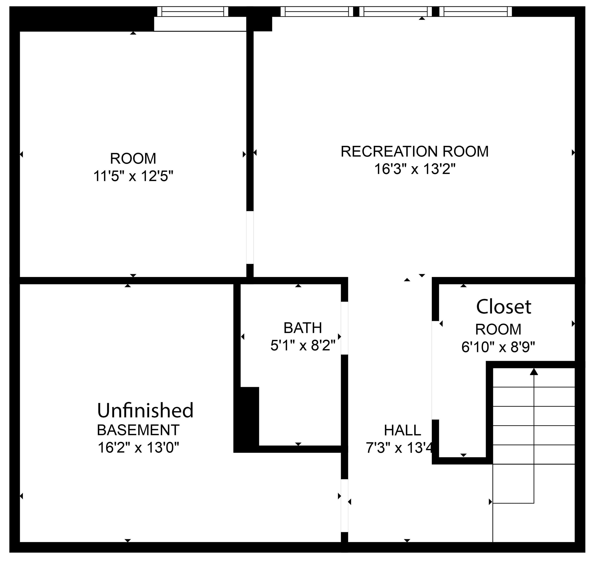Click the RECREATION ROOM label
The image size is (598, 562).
coord(415,151)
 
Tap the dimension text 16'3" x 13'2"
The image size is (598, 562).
coord(415,169)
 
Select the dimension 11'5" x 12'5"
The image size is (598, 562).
coord(133,176)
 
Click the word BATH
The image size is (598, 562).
coord(303,328)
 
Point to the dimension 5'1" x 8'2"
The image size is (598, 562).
coord(303,346)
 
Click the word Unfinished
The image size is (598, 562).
coord(145,411)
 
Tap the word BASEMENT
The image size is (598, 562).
coord(138,430)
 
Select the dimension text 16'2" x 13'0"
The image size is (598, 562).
coord(138,448)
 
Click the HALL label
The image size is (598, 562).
coord(402,430)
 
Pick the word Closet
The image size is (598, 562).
coord(503,307)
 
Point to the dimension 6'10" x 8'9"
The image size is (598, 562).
coord(498,347)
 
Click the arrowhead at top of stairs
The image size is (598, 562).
coord(534,372)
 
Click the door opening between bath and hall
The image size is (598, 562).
coord(344,328)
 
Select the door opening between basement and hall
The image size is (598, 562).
coord(344,506)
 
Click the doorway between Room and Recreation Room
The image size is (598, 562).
coord(250,238)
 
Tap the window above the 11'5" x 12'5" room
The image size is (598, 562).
coord(193,11)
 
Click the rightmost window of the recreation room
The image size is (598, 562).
coord(475,11)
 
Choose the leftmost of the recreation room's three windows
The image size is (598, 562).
coord(317,11)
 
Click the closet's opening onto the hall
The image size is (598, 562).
coord(435,370)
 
